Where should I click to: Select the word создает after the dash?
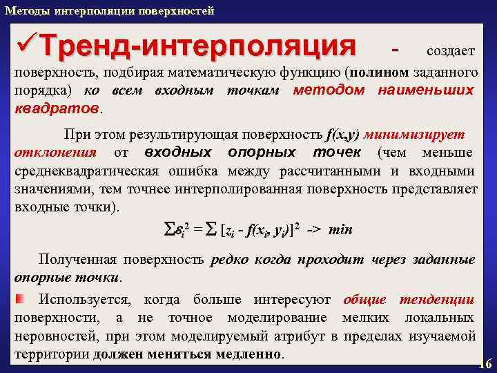[450, 52]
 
